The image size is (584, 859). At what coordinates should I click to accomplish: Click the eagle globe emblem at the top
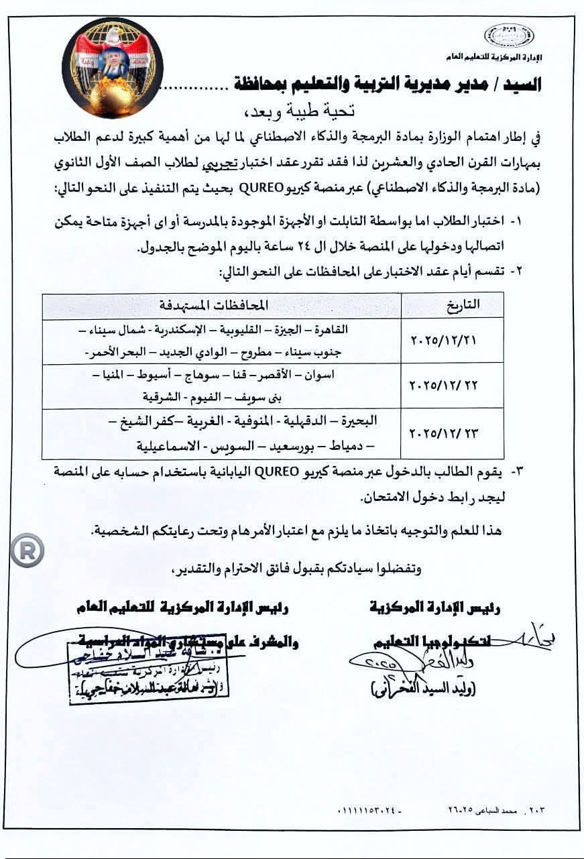point(108,67)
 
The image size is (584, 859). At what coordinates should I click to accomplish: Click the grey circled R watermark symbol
point(27,551)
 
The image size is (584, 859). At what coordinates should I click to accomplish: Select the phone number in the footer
point(366,811)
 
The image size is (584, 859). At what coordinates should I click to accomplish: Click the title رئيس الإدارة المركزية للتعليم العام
point(182,608)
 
